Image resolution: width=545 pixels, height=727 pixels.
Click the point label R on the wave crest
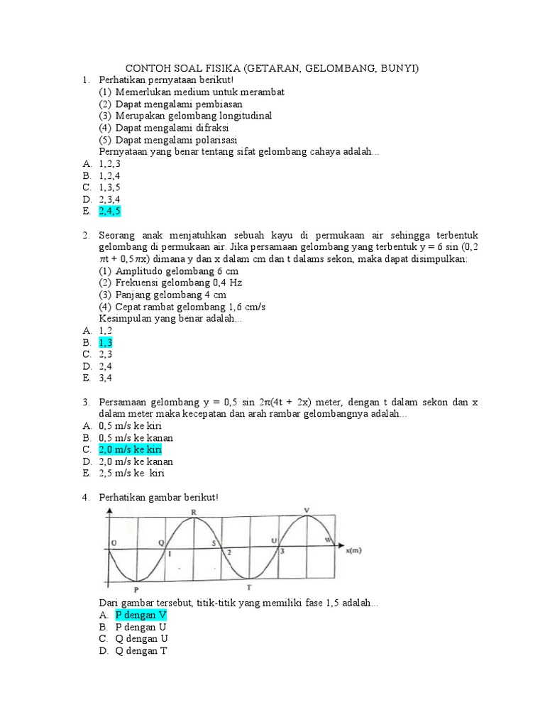click(194, 513)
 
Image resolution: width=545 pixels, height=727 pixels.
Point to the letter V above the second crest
click(307, 510)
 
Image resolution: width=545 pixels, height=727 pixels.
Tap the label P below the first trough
click(136, 589)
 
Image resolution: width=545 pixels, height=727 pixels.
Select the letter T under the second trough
click(248, 587)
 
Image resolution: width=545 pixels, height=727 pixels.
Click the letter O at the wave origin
click(113, 543)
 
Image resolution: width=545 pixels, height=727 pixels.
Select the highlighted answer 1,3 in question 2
click(106, 342)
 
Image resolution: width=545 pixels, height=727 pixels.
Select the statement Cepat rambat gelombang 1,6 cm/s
click(182, 307)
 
